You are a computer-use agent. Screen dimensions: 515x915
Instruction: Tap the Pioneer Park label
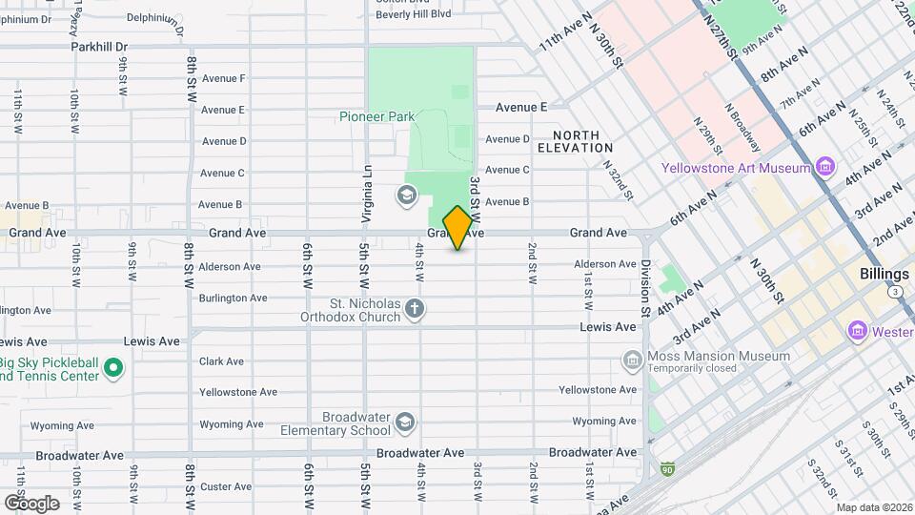(376, 116)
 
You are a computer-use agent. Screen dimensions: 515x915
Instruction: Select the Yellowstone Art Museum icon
(825, 168)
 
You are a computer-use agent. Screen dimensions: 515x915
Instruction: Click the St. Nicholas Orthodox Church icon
(414, 308)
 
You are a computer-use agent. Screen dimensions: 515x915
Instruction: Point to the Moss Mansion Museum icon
(632, 361)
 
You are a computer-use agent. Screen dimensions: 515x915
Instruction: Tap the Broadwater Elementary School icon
(404, 422)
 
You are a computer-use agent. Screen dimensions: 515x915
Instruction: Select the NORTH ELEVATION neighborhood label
(575, 141)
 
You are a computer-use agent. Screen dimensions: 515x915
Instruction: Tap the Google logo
(31, 503)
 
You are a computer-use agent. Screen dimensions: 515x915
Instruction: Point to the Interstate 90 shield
(666, 469)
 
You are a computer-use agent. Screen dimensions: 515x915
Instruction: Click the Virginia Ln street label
(366, 196)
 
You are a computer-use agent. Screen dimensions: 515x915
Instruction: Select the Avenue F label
(223, 78)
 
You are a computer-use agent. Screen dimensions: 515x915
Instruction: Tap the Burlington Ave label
(233, 298)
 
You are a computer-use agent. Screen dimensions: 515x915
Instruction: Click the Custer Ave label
(225, 486)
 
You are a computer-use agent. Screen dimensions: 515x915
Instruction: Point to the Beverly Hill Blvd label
(413, 14)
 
